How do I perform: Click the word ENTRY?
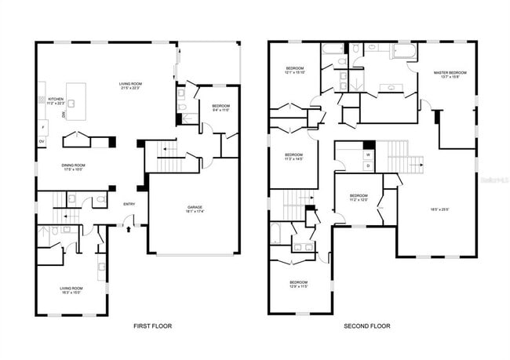129,205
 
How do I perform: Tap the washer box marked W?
367,155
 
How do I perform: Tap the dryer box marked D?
367,165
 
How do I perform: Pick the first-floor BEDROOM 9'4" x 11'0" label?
220,107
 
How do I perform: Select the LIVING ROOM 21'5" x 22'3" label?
129,85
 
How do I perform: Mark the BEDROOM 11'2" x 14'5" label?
293,157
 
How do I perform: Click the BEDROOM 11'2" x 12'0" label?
358,197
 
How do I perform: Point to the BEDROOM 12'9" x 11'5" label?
298,284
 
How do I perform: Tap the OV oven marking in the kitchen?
42,142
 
